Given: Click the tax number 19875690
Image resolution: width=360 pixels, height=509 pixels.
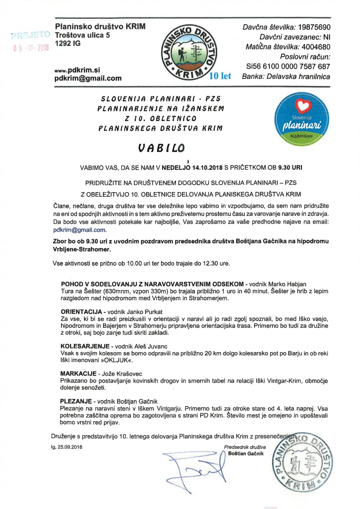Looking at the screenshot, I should tap(314, 27).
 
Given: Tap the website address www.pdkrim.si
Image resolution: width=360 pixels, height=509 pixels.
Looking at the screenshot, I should tap(77, 70).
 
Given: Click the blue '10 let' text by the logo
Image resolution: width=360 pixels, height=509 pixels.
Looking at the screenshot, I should tap(220, 76).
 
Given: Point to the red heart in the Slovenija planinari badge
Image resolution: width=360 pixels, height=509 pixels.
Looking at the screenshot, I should tap(302, 105).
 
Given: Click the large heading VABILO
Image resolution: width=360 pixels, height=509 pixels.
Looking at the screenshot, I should tap(161, 148).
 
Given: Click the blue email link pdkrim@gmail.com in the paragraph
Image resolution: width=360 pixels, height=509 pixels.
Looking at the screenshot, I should tap(79, 230).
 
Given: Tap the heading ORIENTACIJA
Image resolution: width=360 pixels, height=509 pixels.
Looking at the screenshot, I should tap(81, 312).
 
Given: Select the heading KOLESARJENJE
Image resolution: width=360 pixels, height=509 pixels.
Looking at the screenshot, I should tap(85, 346).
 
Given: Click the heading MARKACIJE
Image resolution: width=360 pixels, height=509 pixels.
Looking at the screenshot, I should tap(78, 374).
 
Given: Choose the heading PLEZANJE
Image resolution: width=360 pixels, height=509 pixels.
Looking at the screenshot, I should tap(76, 401).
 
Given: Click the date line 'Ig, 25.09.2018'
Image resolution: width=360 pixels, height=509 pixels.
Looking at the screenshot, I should tap(67, 447).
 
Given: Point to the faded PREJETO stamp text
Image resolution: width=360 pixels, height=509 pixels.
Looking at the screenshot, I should tap(31, 35).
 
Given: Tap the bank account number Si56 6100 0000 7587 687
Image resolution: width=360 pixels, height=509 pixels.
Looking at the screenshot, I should tap(288, 67).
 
